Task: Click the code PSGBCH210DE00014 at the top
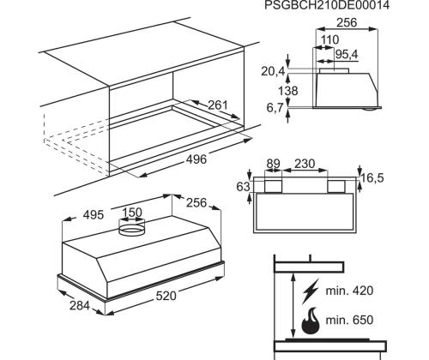(339, 6)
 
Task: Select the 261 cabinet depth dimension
(219, 105)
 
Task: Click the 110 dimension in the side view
(329, 40)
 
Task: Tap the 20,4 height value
(274, 70)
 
